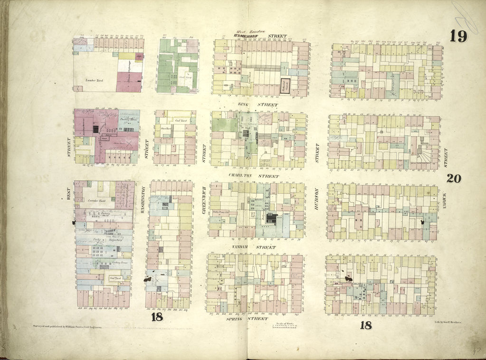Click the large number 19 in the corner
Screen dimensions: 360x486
(458, 36)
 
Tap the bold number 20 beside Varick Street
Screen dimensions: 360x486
(454, 178)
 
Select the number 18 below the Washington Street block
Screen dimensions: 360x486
(157, 317)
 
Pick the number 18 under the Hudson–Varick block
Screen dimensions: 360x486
(365, 325)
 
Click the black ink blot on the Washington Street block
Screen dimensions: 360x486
(153, 280)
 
